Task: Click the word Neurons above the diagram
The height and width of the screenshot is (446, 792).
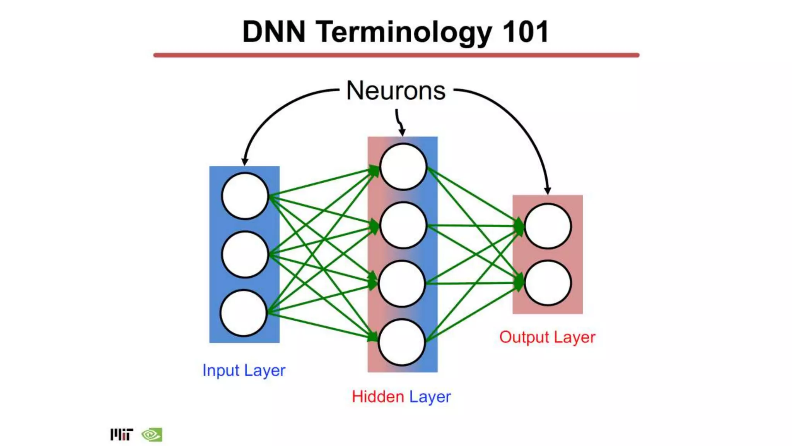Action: tap(396, 91)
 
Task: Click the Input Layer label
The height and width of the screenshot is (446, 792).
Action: tap(244, 371)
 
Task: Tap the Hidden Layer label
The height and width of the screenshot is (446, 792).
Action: tap(401, 397)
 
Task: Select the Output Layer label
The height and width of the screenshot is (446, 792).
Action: tap(547, 337)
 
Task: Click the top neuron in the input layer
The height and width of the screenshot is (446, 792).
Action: tap(245, 196)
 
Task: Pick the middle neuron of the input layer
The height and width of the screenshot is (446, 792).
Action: tap(245, 254)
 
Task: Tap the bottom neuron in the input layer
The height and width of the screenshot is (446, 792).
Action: tap(244, 313)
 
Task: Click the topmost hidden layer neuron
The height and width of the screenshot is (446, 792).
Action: tap(403, 167)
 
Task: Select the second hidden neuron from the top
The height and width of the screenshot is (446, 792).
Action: tap(403, 225)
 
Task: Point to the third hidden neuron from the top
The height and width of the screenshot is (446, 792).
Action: tap(402, 284)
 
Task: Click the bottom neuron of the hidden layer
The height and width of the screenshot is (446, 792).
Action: tap(402, 342)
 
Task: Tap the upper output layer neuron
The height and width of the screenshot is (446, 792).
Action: tap(548, 226)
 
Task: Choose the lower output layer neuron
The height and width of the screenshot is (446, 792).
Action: tap(548, 283)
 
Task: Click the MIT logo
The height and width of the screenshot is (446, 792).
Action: tap(121, 434)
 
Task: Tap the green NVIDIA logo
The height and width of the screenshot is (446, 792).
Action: tap(152, 434)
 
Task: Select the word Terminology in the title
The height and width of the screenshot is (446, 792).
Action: tap(404, 33)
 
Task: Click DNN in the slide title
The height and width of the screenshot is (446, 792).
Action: tap(274, 32)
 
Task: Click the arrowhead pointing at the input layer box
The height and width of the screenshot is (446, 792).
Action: tap(244, 162)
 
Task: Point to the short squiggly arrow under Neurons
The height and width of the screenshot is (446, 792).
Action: tap(400, 122)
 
